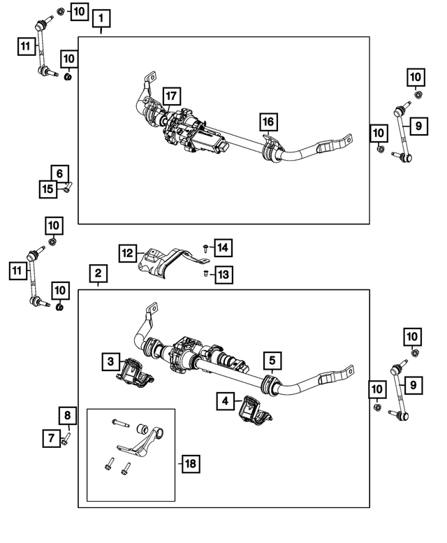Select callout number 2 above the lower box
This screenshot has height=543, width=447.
point(98,273)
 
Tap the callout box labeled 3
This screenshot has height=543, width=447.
point(110,361)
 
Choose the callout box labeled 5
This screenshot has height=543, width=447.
point(272,361)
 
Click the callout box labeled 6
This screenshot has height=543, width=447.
point(59,173)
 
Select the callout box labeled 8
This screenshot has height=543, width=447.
point(67,417)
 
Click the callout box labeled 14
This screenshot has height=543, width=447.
point(223,247)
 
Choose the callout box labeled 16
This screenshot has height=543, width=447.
point(268,122)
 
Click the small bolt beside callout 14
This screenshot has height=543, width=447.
point(205,247)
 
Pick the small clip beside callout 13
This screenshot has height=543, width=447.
point(205,274)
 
